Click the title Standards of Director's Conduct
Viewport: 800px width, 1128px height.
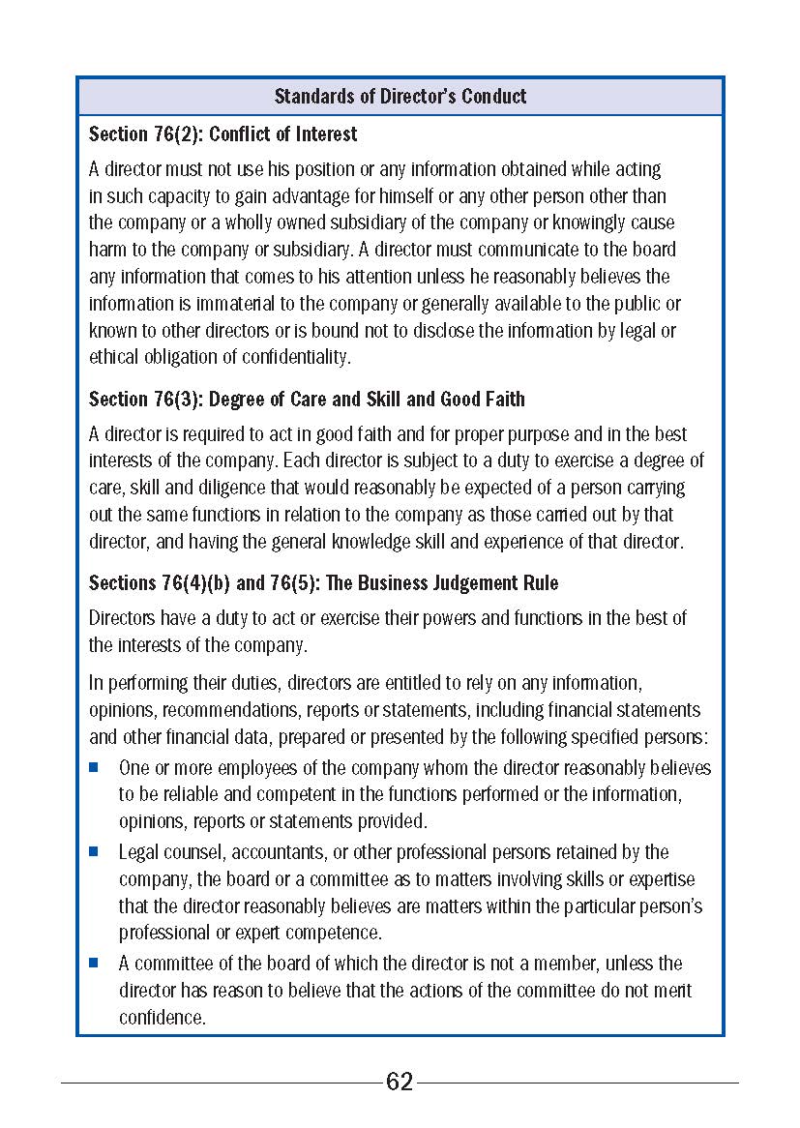click(x=400, y=96)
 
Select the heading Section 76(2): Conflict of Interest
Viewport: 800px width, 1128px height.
click(x=222, y=134)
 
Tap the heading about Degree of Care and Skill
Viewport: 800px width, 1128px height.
click(x=307, y=399)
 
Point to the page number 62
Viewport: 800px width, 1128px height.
click(x=400, y=1082)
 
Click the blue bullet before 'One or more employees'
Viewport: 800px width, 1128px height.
click(x=95, y=768)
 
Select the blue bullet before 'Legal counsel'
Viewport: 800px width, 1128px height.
click(x=95, y=852)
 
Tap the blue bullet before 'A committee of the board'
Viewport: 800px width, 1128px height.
click(x=95, y=964)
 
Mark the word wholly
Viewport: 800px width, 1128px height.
click(x=261, y=223)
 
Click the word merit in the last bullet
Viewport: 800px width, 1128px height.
click(x=673, y=991)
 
